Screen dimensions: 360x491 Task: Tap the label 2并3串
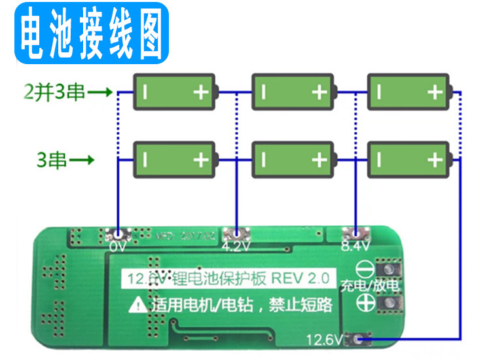(x=54, y=92)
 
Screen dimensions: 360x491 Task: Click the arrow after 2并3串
(x=100, y=92)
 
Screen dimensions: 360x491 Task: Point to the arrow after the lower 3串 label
(x=82, y=160)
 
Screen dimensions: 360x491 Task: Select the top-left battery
(x=175, y=92)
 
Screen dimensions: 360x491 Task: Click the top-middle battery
(x=293, y=92)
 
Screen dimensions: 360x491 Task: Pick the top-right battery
(x=409, y=92)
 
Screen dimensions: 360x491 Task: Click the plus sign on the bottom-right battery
(x=435, y=160)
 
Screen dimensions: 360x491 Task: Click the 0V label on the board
(x=118, y=247)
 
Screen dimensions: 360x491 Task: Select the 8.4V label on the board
(x=355, y=247)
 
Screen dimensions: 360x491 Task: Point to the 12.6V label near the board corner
(x=325, y=340)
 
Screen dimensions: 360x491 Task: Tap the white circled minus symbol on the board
(x=365, y=269)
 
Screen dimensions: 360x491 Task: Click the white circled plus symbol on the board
(x=365, y=302)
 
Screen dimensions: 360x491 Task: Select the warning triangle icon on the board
(x=137, y=304)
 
